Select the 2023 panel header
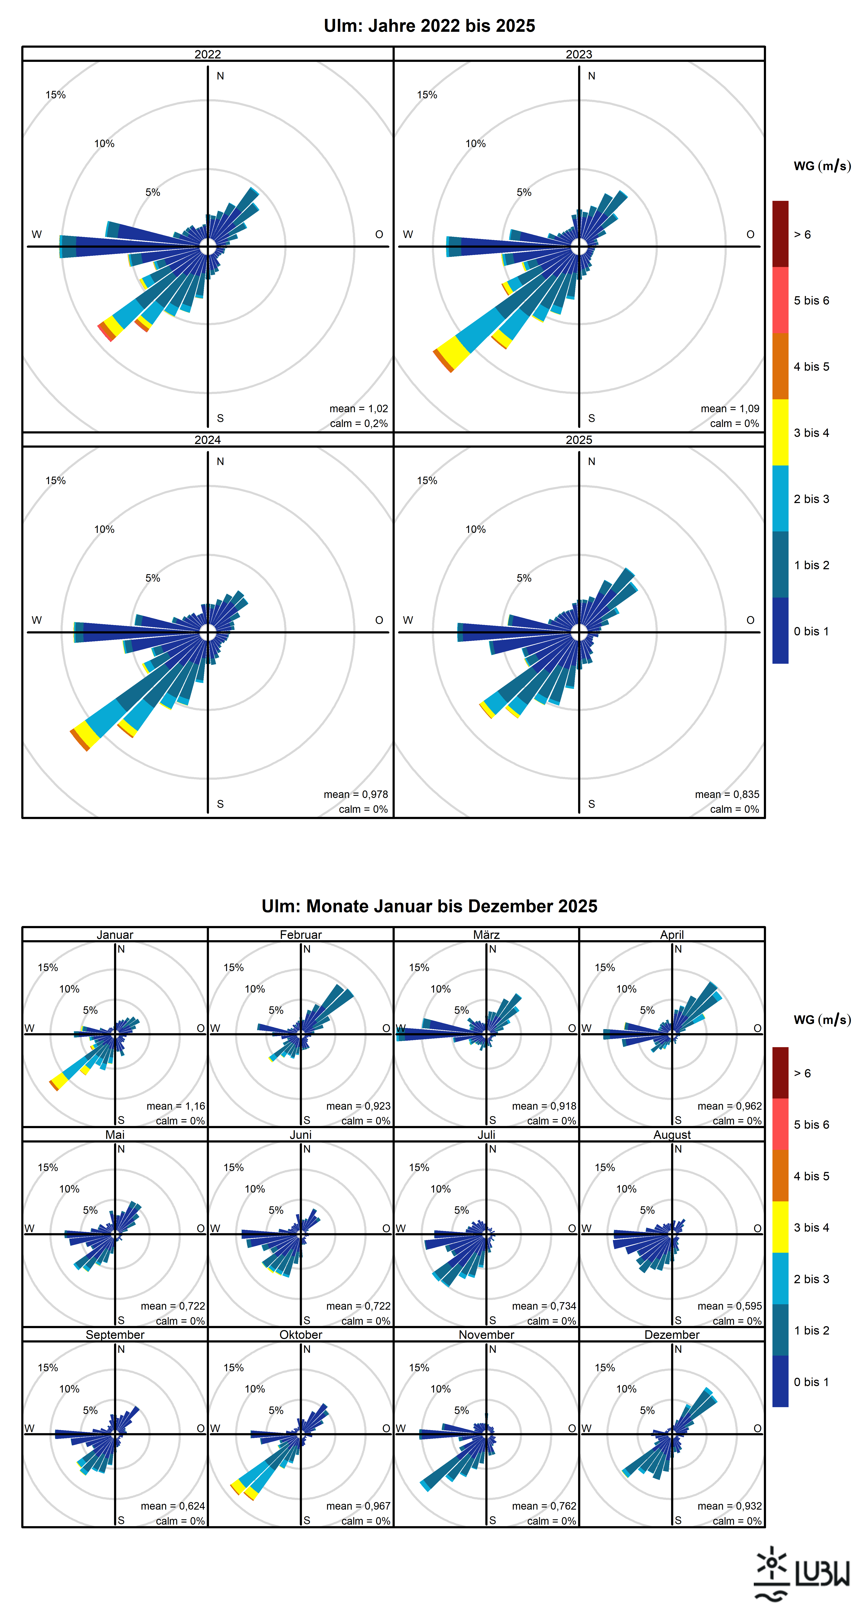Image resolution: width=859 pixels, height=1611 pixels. (x=579, y=54)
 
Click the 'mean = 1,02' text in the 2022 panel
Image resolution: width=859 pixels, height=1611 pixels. (x=359, y=408)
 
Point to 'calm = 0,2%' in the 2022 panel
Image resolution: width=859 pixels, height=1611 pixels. (x=359, y=423)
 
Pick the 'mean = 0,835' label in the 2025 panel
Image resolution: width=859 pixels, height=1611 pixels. (x=727, y=794)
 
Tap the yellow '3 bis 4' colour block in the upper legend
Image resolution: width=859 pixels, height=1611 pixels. (x=780, y=432)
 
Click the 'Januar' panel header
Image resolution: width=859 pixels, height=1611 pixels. (x=115, y=934)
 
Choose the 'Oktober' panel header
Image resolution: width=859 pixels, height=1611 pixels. (x=301, y=1335)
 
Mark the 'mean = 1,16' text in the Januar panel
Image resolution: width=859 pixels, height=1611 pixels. (x=176, y=1106)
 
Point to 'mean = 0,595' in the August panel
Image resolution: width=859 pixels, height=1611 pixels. (x=730, y=1306)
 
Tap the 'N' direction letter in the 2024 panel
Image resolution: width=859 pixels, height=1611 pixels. (x=220, y=462)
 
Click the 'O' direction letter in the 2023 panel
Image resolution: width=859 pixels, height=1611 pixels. (x=750, y=235)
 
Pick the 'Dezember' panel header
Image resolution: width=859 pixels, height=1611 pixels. (x=672, y=1335)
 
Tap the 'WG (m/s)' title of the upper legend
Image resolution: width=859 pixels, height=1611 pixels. (x=822, y=166)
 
